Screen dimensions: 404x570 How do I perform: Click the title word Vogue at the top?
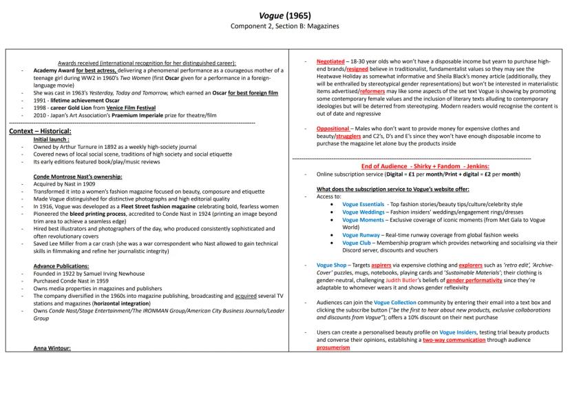tap(271, 14)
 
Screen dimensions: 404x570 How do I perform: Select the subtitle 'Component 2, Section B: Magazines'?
tap(284, 26)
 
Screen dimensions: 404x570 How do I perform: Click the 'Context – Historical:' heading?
tap(40, 131)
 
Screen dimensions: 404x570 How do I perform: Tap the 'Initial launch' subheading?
tap(53, 139)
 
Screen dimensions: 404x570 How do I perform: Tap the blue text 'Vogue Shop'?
tap(331, 265)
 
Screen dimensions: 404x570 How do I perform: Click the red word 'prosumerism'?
tap(333, 347)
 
